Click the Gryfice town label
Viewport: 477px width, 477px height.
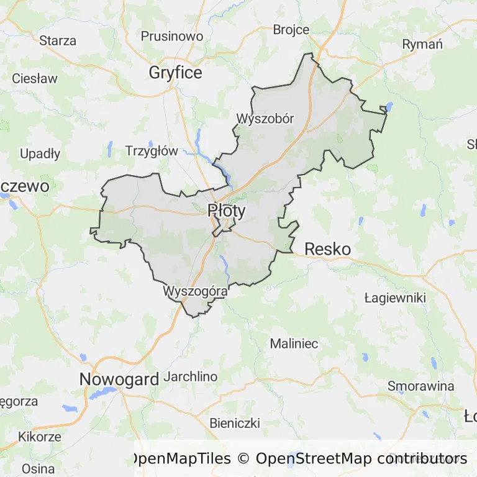175,73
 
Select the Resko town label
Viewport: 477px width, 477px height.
327,249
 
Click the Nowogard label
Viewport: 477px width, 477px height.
119,379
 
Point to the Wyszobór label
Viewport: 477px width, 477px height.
265,118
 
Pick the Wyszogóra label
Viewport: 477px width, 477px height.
195,290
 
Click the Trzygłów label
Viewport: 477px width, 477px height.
152,150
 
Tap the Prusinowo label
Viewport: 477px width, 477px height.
172,36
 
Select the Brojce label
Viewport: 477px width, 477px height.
291,29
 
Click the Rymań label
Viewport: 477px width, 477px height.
422,44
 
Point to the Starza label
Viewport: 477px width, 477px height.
58,41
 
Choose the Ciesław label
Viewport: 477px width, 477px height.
35,79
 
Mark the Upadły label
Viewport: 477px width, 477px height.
40,153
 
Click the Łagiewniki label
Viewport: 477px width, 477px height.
395,298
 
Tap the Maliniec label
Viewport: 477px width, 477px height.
294,343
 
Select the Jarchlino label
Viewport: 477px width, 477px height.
190,376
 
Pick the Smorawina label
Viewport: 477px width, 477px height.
420,386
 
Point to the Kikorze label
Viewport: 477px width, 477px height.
40,436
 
